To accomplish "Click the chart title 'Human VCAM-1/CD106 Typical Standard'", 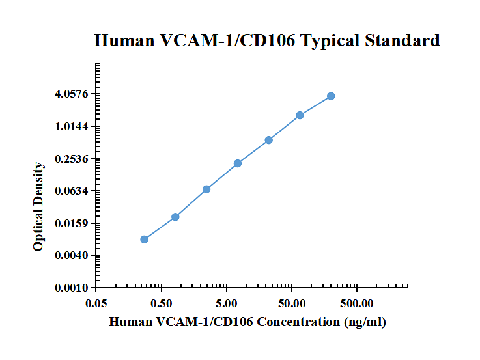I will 267,40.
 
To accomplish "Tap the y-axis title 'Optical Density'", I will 39,207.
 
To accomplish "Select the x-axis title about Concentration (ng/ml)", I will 247,322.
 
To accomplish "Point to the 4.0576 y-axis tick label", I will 72,94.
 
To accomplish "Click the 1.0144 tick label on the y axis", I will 72,126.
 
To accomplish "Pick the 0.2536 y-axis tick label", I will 72,159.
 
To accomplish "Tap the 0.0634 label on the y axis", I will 72,191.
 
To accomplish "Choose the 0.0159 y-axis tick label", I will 72,223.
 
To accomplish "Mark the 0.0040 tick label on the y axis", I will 72,256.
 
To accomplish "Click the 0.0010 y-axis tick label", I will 72,288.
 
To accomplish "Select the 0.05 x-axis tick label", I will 96,303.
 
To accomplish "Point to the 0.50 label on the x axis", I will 162,303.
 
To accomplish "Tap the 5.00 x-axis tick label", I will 227,303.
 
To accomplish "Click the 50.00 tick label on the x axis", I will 292,303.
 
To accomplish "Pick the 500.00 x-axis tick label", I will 357,303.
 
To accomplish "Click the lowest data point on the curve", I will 144,240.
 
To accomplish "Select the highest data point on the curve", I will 331,96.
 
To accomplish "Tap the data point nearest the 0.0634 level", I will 206,189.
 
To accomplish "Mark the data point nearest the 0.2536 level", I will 238,163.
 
